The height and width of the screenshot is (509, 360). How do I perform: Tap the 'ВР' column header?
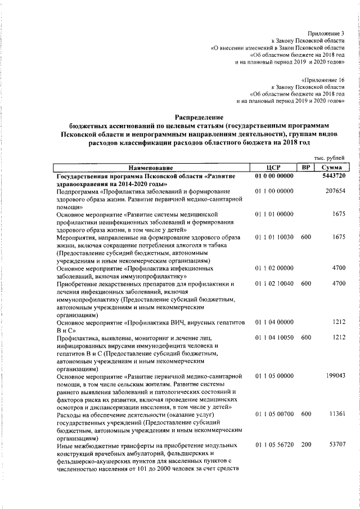pos(305,168)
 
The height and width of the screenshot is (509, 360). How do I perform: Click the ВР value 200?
pos(305,445)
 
